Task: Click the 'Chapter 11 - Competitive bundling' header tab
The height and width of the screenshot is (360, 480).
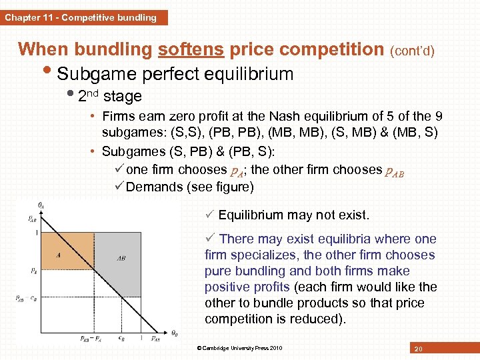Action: pyautogui.click(x=81, y=17)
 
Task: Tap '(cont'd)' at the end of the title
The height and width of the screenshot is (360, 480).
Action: pyautogui.click(x=412, y=51)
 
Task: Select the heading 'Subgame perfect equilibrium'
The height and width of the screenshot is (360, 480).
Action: pyautogui.click(x=175, y=73)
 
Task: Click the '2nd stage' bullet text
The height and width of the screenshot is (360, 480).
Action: pyautogui.click(x=109, y=96)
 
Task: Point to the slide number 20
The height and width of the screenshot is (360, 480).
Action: pyautogui.click(x=418, y=349)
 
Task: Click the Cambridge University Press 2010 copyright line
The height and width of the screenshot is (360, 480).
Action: pyautogui.click(x=239, y=348)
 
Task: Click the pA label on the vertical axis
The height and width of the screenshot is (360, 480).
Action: pyautogui.click(x=33, y=271)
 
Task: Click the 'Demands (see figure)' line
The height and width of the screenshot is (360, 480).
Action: pyautogui.click(x=189, y=187)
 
